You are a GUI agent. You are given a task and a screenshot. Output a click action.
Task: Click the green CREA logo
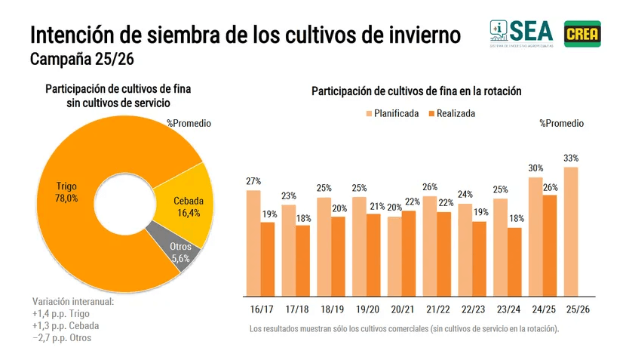point(582,33)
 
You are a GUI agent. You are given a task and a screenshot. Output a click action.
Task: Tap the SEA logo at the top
point(521,33)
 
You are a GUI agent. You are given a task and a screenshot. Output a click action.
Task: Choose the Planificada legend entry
point(391,113)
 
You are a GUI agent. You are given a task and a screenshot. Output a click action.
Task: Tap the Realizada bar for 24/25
point(550,245)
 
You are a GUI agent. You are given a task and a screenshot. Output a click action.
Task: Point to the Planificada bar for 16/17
point(253,242)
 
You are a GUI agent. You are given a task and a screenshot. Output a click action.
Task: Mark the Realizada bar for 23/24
point(514,261)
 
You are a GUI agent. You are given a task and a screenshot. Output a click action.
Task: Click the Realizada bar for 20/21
point(408,253)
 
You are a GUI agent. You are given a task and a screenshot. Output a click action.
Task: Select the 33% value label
point(571,158)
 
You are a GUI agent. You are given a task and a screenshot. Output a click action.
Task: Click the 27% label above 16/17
point(253,181)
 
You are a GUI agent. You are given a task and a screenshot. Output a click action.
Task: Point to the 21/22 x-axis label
point(437,309)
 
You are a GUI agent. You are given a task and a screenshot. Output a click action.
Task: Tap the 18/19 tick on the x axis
point(331,309)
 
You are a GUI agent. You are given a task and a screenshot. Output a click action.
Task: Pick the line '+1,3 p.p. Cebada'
point(66,326)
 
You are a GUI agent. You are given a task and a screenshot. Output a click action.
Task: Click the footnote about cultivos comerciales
point(404,329)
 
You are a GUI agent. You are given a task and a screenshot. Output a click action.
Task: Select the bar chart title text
point(416,91)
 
